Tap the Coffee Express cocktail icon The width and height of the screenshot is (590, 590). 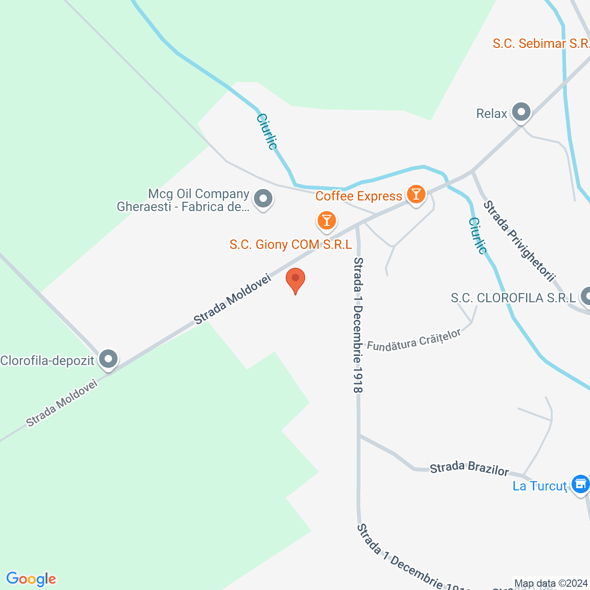tap(416, 195)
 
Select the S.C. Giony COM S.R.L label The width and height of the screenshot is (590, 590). tap(290, 244)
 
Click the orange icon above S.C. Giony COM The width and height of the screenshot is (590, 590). tap(326, 220)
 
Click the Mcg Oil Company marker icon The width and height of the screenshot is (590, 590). tap(263, 200)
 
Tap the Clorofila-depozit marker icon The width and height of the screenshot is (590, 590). tap(108, 359)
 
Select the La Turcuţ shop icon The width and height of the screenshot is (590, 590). tap(580, 484)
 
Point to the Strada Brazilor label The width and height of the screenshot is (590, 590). tap(469, 468)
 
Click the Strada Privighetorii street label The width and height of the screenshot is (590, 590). tap(519, 240)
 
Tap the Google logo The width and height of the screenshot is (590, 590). tap(31, 579)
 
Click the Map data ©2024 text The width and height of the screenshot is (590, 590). tap(551, 584)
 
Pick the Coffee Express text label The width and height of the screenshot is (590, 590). tap(359, 196)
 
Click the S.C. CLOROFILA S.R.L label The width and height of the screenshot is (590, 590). tap(513, 298)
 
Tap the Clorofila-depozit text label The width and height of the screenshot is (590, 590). tap(47, 360)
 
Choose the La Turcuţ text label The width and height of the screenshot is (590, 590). tap(540, 486)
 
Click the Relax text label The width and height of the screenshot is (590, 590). tap(491, 113)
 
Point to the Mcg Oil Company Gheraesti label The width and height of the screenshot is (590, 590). tap(183, 201)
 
